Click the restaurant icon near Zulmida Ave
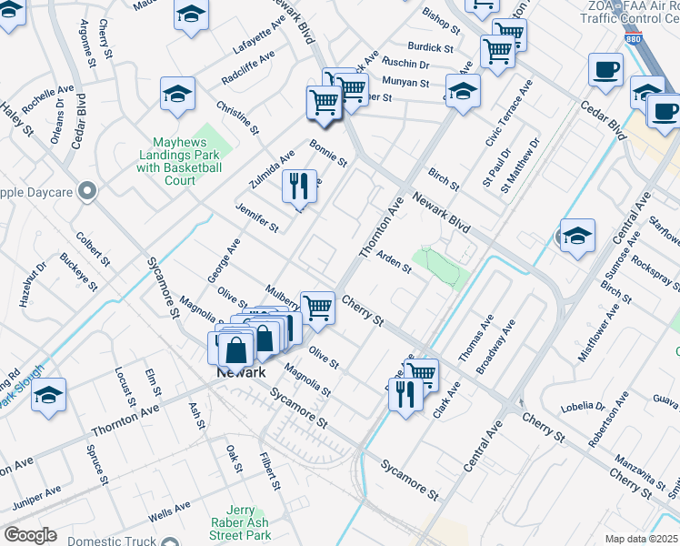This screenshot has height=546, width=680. [299, 186]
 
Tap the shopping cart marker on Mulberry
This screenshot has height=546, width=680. [317, 308]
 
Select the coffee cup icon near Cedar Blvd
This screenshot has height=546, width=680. [605, 69]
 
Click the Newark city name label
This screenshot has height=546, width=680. [241, 373]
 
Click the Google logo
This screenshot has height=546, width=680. [30, 535]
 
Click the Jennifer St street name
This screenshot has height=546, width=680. [256, 217]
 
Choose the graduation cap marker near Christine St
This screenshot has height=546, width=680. [177, 93]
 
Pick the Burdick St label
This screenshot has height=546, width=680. [430, 46]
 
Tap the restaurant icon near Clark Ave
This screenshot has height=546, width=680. [405, 394]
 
